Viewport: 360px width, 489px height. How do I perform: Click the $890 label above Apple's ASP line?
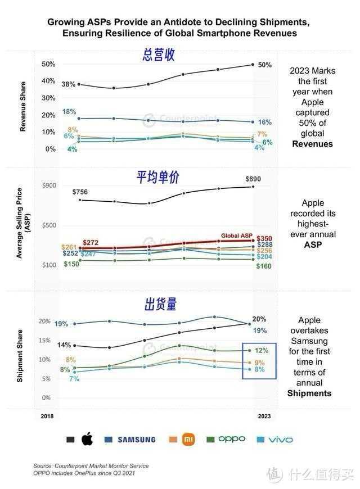253,179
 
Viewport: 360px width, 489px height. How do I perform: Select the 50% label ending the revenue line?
264,65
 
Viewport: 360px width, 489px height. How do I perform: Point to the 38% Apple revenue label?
69,84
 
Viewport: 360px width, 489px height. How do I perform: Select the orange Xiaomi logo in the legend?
188,440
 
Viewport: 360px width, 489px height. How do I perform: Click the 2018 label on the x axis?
48,416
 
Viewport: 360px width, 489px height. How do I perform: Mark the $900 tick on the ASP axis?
49,185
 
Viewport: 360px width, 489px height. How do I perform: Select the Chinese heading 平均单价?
158,177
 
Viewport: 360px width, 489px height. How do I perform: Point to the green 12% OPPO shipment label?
262,350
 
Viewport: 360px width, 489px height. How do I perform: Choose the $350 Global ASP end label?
264,239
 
